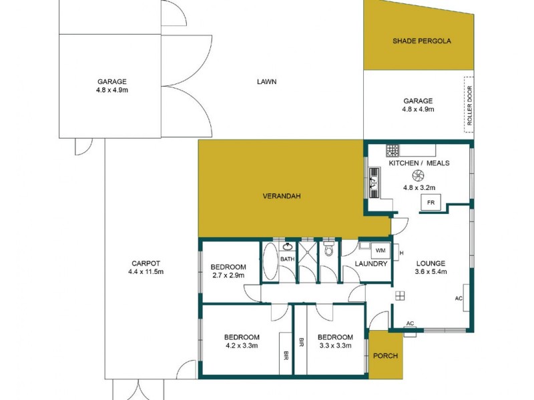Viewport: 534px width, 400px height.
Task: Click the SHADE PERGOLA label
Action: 421,41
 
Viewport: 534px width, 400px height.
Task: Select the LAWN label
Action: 266,82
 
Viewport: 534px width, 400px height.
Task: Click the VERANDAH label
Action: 281,196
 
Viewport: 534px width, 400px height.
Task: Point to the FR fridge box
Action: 430,203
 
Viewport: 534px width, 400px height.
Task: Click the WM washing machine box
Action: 380,251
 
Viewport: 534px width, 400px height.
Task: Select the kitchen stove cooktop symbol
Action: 392,151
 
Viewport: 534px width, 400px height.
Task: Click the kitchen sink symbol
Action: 374,180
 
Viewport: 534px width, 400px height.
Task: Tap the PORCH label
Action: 385,356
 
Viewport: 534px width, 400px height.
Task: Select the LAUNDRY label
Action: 372,264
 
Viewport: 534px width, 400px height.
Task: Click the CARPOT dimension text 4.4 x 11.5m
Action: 146,271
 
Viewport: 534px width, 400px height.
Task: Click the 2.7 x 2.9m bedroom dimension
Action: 228,275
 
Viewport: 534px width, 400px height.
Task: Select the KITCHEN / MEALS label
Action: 419,163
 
